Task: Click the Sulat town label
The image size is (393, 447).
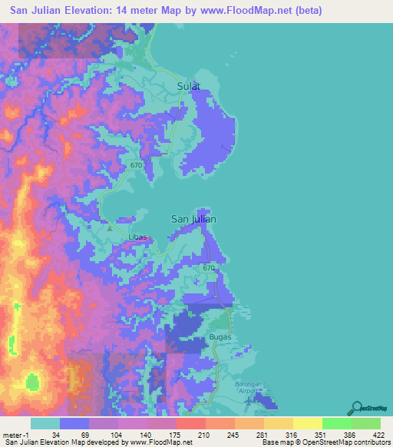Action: click(x=188, y=87)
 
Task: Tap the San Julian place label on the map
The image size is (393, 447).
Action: click(x=193, y=219)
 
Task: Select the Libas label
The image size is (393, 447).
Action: click(x=138, y=237)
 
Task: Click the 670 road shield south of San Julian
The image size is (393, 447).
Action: click(x=208, y=268)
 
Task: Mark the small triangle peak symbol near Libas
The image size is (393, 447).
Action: click(x=110, y=228)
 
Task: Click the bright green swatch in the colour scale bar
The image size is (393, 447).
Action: click(x=336, y=423)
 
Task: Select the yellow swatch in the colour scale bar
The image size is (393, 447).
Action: click(x=307, y=423)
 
